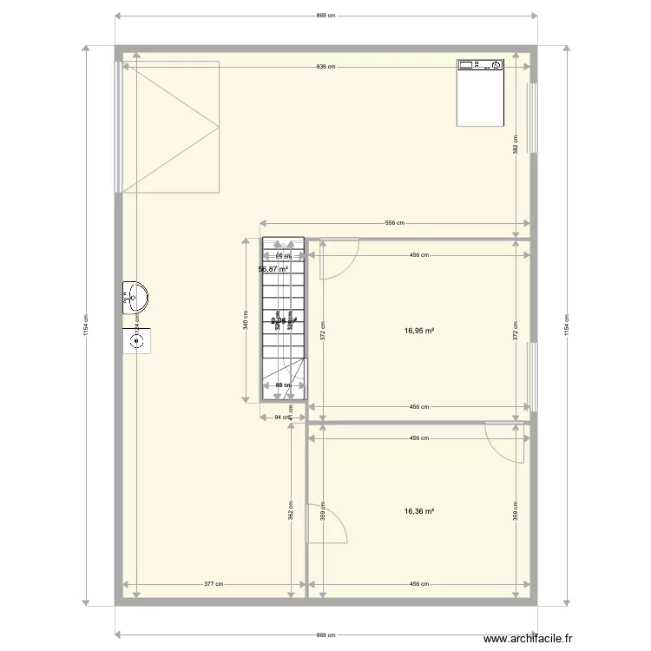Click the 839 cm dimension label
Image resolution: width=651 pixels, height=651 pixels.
326,67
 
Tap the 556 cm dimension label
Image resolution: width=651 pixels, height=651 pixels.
395,223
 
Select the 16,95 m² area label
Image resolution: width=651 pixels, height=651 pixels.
418,331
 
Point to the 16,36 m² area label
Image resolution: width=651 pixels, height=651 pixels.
418,511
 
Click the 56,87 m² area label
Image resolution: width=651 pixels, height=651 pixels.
273,269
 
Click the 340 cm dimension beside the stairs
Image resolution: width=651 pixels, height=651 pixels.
246,319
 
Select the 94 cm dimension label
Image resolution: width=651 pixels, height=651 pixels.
282,418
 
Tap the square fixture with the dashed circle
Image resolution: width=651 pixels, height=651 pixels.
137,340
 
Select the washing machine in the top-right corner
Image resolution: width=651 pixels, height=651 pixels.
480,91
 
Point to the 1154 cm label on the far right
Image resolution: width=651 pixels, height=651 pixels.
568,325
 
